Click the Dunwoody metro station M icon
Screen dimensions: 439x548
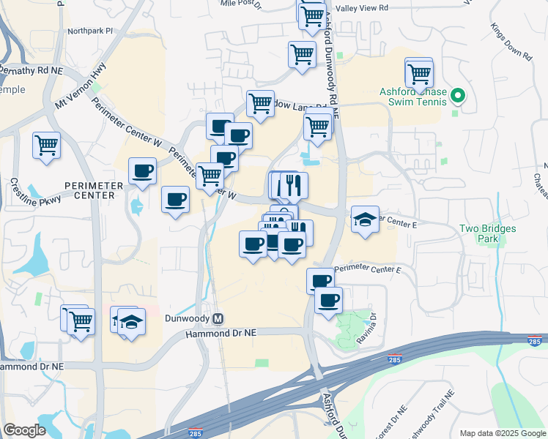218,319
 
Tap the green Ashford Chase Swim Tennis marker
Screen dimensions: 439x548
458,95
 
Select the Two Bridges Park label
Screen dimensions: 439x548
487,233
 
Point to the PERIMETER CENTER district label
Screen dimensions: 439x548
89,190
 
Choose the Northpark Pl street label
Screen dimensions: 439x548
90,31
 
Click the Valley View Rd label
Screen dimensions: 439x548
361,7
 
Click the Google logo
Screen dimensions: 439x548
24,430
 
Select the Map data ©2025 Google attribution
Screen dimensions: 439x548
502,433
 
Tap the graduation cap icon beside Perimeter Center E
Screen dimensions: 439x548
364,219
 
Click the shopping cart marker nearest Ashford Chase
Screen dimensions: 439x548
419,73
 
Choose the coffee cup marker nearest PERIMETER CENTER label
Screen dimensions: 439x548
142,172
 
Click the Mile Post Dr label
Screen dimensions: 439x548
241,4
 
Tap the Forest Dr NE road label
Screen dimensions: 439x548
387,422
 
